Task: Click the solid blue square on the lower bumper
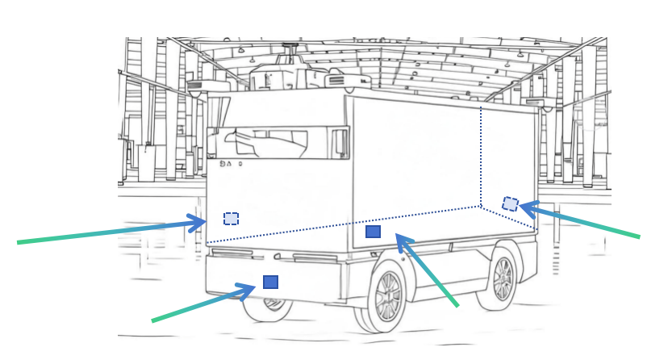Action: coord(270,282)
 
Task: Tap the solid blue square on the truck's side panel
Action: coord(373,232)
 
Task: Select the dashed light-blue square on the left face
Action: coord(231,219)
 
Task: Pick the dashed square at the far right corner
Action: coord(510,203)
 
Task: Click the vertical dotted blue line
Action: coord(482,153)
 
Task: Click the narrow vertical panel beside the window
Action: coord(339,143)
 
